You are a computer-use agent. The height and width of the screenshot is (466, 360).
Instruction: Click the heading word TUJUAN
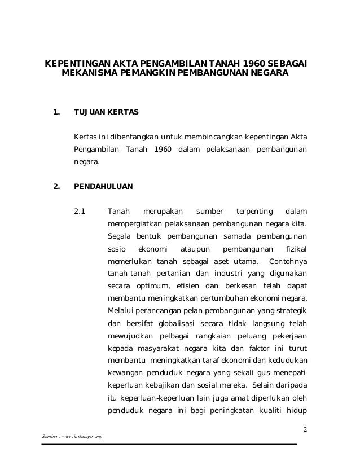[89, 112]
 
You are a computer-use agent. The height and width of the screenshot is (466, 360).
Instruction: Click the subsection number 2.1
[80, 212]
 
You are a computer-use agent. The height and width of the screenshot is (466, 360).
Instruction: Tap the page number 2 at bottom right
[305, 430]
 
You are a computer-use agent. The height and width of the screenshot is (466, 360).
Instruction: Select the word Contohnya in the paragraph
[288, 261]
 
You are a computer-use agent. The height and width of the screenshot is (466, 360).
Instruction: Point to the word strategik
[289, 310]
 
